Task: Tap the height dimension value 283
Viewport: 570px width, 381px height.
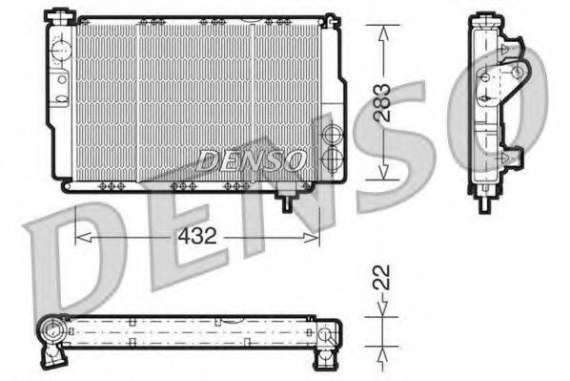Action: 382,101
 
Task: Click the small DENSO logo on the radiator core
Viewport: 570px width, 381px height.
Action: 252,159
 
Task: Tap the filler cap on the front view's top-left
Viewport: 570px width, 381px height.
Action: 63,14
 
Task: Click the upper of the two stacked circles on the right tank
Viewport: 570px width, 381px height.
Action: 332,135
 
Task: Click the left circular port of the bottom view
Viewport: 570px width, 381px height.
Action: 50,333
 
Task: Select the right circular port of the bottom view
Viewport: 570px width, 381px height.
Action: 326,335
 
